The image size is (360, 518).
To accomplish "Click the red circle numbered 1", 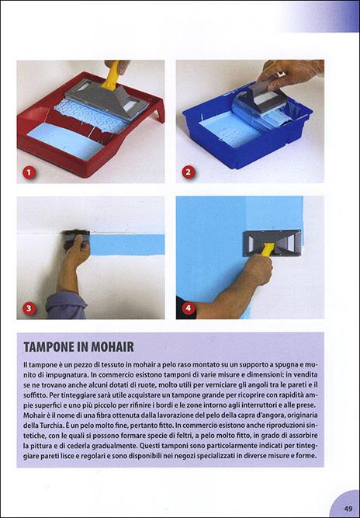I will [29, 172].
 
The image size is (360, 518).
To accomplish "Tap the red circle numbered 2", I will [188, 172].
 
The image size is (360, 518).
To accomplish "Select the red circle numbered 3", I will [29, 308].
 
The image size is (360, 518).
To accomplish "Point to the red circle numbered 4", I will [188, 308].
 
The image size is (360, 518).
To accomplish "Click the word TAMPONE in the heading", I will [55, 346].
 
